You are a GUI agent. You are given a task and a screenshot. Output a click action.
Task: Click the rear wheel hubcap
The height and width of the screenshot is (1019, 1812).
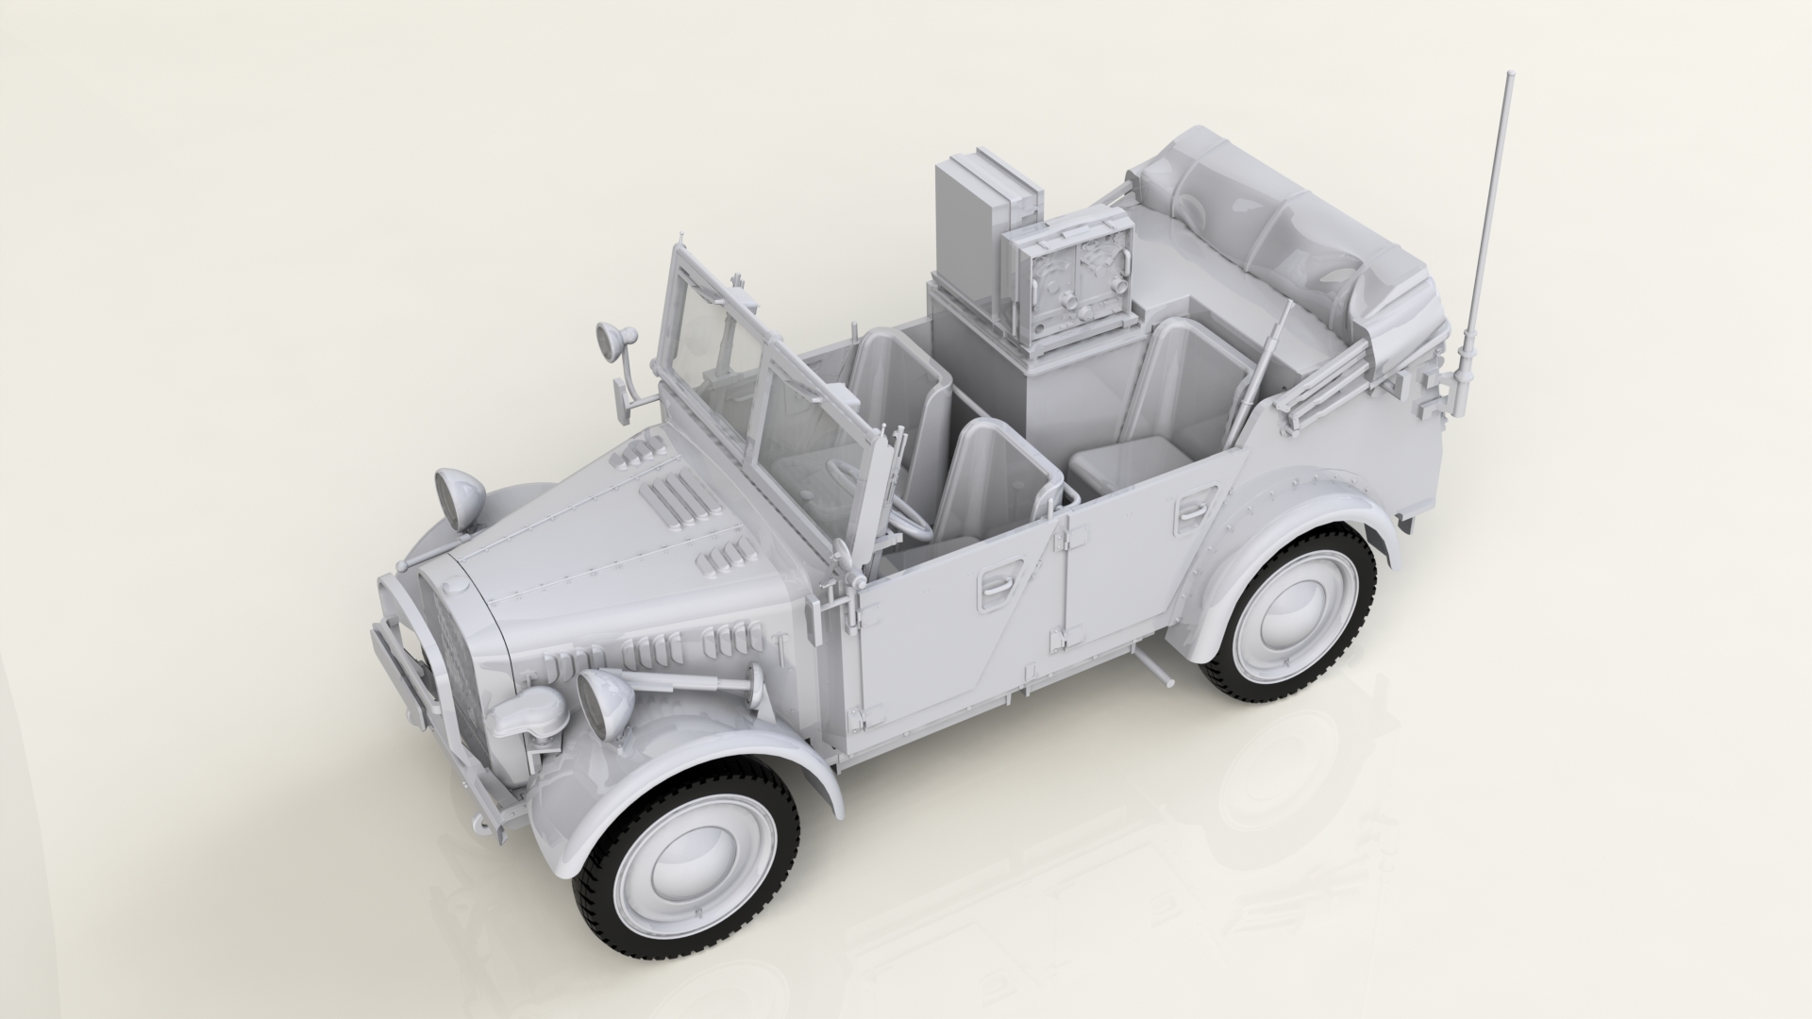point(1296,618)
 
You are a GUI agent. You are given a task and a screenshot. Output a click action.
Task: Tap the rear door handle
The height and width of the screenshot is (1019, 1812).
point(1191,509)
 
